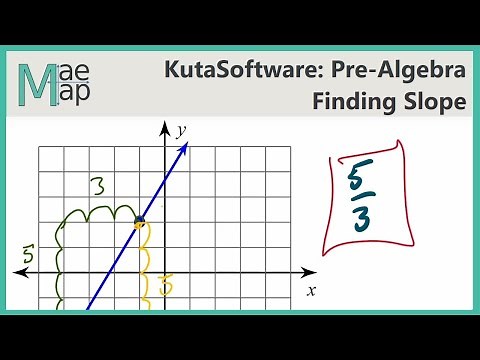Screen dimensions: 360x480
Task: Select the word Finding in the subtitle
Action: click(x=353, y=102)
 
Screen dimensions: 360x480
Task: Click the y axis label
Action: click(x=182, y=130)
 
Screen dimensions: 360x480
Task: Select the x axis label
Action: click(x=311, y=290)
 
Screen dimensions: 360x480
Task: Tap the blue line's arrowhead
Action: click(x=186, y=151)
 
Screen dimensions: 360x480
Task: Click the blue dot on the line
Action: click(x=140, y=221)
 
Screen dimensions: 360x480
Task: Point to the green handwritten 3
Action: click(x=97, y=186)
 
